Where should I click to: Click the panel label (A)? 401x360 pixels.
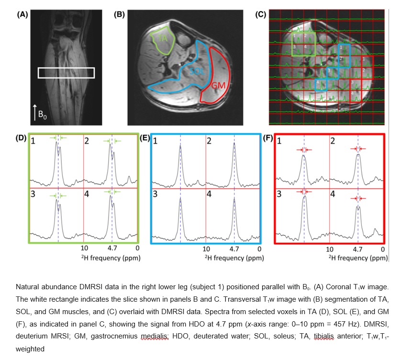tap(22, 15)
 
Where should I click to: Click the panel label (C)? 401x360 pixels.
tap(261, 14)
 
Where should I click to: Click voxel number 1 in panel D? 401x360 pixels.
tap(33, 141)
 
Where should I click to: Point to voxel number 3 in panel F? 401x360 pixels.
tap(279, 195)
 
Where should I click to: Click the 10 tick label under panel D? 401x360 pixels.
tap(84, 249)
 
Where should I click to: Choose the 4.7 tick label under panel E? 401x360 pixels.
tap(234, 249)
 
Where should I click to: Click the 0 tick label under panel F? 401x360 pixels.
tap(383, 249)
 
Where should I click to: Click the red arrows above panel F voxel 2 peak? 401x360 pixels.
tap(357, 149)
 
